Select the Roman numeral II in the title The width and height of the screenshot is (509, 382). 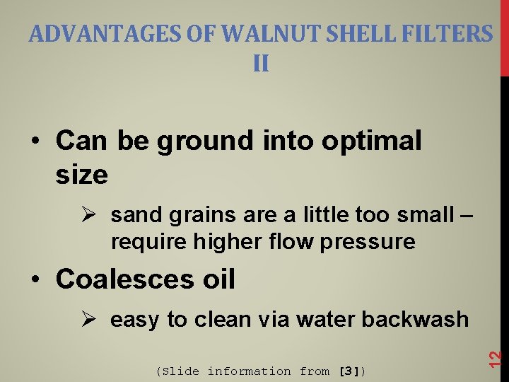(x=261, y=64)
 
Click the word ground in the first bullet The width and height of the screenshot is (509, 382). (x=205, y=141)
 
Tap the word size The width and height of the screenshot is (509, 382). (x=81, y=174)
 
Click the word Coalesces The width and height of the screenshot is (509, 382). (x=116, y=279)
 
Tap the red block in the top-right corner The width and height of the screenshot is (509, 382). (x=504, y=35)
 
